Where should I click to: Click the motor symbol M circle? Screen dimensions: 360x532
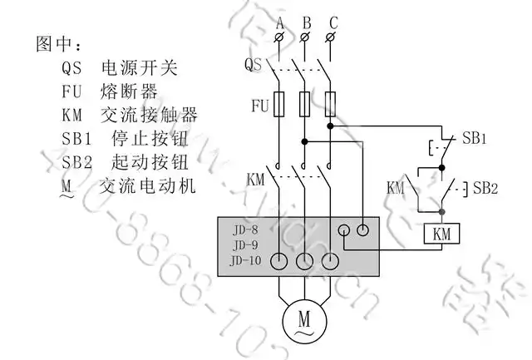click(303, 318)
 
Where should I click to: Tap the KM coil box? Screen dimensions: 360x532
click(441, 234)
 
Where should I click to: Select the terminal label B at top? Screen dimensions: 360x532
click(306, 21)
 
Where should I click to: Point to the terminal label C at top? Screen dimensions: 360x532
click(332, 21)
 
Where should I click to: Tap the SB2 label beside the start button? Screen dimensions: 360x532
click(485, 188)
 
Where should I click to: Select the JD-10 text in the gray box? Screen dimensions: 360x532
click(248, 261)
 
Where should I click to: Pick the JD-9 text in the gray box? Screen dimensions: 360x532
click(245, 245)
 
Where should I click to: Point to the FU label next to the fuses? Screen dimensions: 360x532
click(259, 106)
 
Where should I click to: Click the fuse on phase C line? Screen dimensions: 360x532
click(332, 104)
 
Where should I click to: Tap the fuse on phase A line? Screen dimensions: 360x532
click(280, 104)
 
